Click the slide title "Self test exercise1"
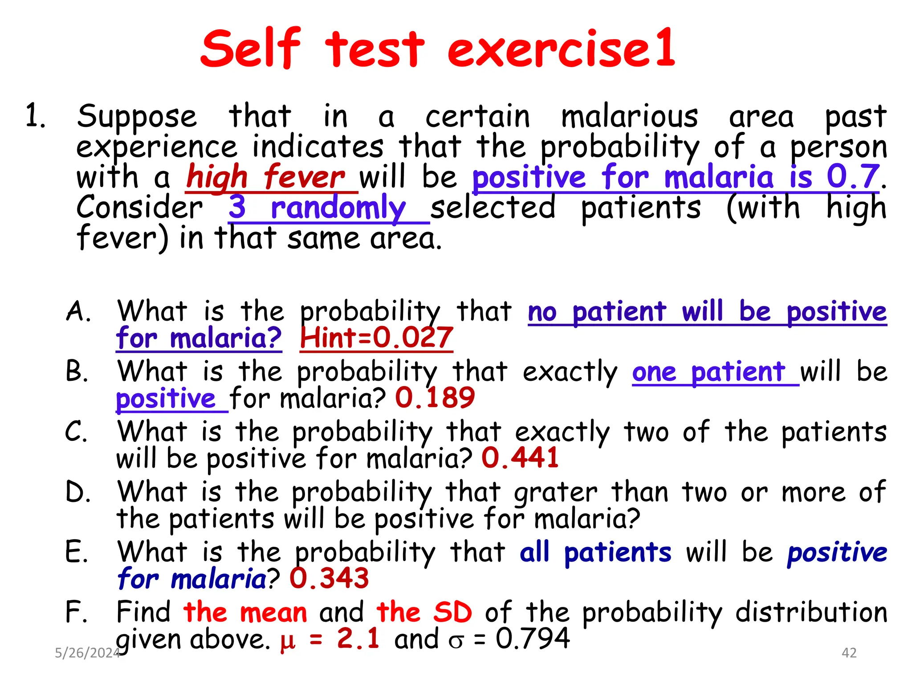point(438,48)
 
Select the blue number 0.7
point(853,177)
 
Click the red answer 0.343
point(329,578)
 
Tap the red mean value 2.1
point(358,638)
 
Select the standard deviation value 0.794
point(533,638)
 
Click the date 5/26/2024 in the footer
point(87,653)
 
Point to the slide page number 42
point(849,653)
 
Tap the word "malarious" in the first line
point(629,117)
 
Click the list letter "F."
point(77,612)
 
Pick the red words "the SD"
point(424,612)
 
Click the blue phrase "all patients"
point(595,553)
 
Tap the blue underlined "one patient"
point(708,372)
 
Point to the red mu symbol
point(288,640)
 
